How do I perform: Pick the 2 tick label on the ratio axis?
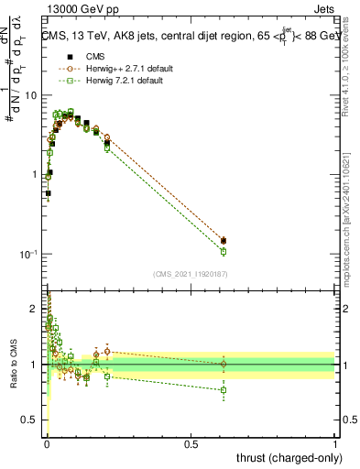coord(35,309)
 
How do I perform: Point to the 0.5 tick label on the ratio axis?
coord(30,420)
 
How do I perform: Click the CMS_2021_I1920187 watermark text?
coord(191,273)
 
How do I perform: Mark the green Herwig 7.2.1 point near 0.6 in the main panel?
coord(224,251)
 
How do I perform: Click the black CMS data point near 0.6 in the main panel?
coord(224,241)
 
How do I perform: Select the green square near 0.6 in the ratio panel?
coord(224,390)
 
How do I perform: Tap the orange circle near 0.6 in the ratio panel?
coord(224,365)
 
